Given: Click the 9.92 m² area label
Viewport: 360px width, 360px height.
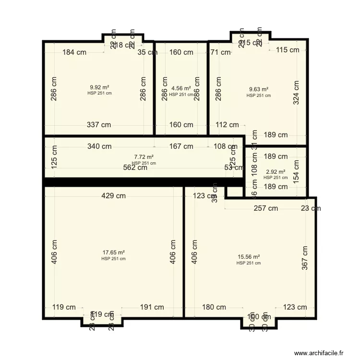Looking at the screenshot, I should [x=99, y=87].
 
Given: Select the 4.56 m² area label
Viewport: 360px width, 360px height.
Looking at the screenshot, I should [x=181, y=88].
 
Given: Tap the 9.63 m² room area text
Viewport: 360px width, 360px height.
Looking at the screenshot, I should [x=258, y=89].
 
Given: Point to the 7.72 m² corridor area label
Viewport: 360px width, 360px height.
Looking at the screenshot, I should [x=144, y=157].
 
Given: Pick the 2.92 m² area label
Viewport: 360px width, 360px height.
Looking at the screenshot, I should [x=276, y=172].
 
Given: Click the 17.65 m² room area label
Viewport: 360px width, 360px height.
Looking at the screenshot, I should [x=114, y=252].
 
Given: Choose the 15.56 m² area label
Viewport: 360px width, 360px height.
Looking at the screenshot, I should [x=249, y=257].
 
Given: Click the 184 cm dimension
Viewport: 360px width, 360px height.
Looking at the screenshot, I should [x=75, y=52].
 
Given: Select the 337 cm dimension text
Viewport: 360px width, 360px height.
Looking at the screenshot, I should [x=99, y=125].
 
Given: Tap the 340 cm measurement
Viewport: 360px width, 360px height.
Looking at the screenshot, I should [x=99, y=146].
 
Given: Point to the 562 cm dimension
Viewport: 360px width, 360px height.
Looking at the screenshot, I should [x=135, y=168].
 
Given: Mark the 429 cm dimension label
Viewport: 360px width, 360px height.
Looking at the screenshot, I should [x=114, y=195].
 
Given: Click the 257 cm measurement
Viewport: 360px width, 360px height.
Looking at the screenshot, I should [x=266, y=208].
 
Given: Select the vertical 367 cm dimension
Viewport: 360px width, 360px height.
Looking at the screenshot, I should [x=305, y=258].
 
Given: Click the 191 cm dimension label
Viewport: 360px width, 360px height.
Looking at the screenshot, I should [x=152, y=307].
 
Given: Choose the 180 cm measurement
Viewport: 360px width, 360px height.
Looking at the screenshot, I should [x=214, y=307].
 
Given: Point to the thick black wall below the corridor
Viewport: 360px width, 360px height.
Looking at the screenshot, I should [x=144, y=182].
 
